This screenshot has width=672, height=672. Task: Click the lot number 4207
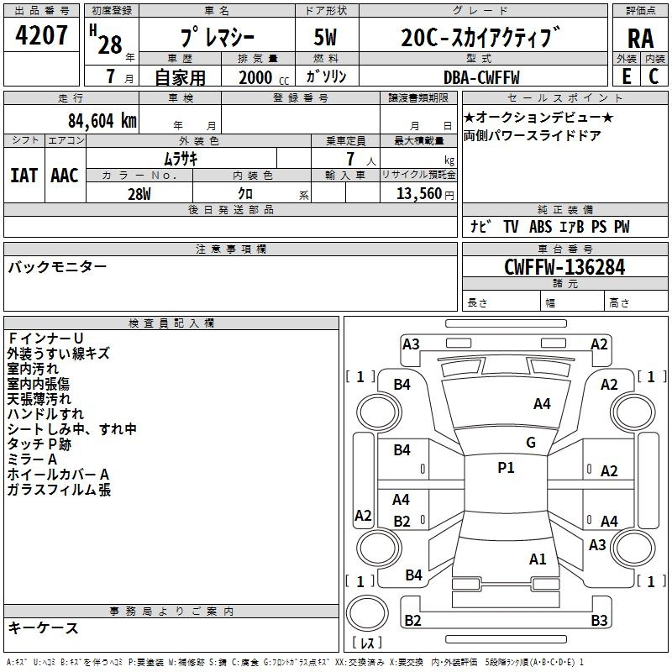pyautogui.click(x=41, y=35)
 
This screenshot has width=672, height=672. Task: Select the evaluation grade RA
pyautogui.click(x=641, y=39)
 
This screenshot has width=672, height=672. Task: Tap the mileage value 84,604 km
pyautogui.click(x=102, y=121)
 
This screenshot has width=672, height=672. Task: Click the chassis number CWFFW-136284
pyautogui.click(x=564, y=267)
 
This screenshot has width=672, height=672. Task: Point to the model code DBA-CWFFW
pyautogui.click(x=481, y=77)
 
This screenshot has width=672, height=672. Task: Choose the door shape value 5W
pyautogui.click(x=325, y=37)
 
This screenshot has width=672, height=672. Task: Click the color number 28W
pyautogui.click(x=139, y=194)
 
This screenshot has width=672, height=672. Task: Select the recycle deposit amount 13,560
pyautogui.click(x=418, y=194)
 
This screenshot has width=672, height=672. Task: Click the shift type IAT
pyautogui.click(x=24, y=176)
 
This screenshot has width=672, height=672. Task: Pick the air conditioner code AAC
pyautogui.click(x=65, y=176)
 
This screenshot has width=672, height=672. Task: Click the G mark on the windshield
pyautogui.click(x=531, y=443)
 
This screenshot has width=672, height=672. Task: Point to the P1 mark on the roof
pyautogui.click(x=506, y=468)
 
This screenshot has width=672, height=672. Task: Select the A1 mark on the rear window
pyautogui.click(x=538, y=559)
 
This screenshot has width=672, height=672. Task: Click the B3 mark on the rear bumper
pyautogui.click(x=599, y=620)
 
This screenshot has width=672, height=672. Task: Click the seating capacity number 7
pyautogui.click(x=350, y=159)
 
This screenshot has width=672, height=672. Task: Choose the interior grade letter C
pyautogui.click(x=654, y=76)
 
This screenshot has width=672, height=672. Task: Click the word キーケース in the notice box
pyautogui.click(x=44, y=627)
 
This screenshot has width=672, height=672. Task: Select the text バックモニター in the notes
pyautogui.click(x=57, y=267)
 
